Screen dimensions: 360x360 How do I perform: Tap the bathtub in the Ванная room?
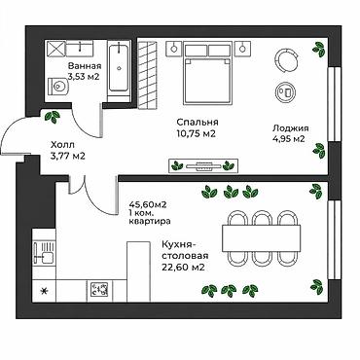[118, 68]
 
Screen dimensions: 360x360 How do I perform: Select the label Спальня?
[198, 123]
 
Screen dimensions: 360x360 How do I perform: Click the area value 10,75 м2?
[196, 133]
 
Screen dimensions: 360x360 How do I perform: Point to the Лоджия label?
[290, 128]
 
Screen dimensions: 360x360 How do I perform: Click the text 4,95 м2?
[288, 139]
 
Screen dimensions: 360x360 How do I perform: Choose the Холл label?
[62, 145]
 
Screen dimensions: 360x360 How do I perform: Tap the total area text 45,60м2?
[148, 204]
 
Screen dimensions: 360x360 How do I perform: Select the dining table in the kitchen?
[261, 238]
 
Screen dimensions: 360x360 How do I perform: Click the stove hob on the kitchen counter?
[100, 288]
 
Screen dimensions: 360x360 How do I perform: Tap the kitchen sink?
[43, 254]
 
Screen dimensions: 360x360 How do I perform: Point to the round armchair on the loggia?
[287, 59]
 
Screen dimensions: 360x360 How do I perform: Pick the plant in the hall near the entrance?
[52, 116]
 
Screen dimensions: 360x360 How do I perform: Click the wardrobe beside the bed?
[148, 73]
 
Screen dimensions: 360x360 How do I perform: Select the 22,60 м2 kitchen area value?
[183, 268]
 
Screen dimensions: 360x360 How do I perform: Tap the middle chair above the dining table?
[262, 218]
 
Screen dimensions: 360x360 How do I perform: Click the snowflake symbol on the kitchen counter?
[43, 291]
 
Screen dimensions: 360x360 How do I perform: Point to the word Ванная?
[85, 66]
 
